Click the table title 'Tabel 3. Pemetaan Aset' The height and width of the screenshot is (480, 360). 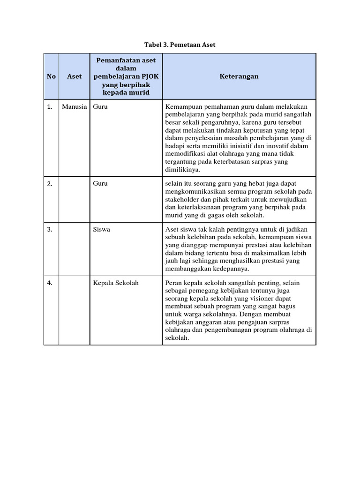coord(180,45)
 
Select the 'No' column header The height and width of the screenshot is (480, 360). coord(51,76)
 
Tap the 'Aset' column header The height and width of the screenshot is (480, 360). coord(75,76)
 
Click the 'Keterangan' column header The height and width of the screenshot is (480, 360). coord(239,76)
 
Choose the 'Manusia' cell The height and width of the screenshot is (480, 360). coord(75,107)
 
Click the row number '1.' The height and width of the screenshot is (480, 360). coord(50,107)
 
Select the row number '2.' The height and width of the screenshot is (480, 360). coord(50,184)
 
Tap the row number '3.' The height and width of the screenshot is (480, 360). coord(50,230)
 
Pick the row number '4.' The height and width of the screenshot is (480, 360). coord(50,283)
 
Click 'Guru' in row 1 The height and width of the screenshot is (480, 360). coord(100,107)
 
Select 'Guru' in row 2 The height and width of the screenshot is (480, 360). coord(100,184)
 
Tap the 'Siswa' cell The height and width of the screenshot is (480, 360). coord(102,230)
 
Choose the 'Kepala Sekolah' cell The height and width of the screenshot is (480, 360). coord(116,283)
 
